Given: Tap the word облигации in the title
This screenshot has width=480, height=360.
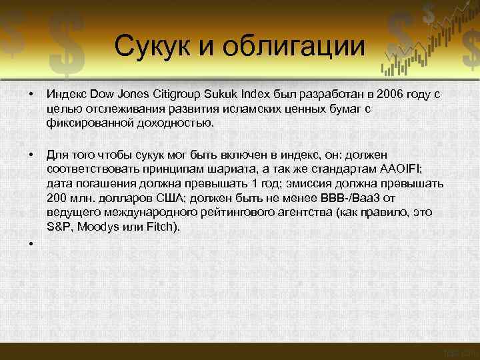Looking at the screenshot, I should [x=295, y=47].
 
